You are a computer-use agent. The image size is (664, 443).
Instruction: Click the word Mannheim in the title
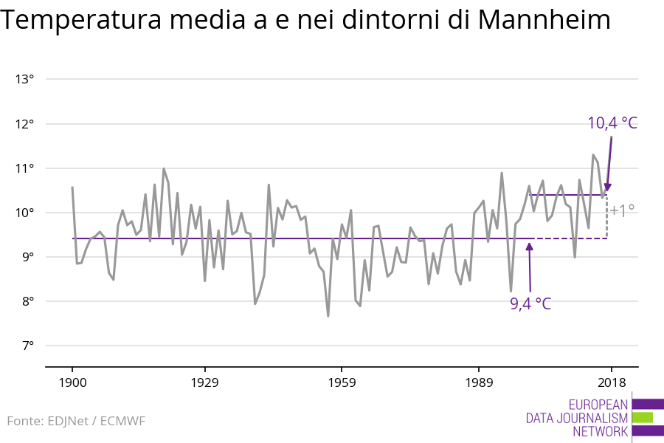[544, 21]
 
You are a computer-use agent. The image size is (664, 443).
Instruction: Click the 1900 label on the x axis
[72, 382]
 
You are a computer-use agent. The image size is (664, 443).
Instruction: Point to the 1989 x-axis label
[479, 382]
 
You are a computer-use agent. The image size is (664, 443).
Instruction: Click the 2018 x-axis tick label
[611, 382]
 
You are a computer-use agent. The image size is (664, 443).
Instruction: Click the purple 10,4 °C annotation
[612, 123]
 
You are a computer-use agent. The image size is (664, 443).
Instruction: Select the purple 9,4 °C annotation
[530, 303]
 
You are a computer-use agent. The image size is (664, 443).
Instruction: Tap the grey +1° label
[623, 210]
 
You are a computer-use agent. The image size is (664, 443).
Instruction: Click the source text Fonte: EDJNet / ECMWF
[77, 421]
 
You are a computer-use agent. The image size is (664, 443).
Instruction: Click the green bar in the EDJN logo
[643, 417]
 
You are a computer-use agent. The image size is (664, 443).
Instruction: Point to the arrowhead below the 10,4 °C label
[607, 188]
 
